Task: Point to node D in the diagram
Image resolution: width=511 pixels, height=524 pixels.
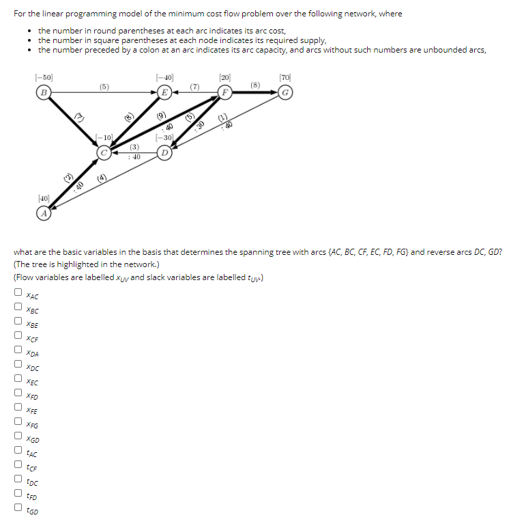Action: [164, 152]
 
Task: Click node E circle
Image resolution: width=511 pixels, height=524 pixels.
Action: [164, 92]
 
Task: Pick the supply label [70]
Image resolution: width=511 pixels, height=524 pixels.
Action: [285, 78]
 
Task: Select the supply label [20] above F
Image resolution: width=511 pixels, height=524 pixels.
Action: [225, 78]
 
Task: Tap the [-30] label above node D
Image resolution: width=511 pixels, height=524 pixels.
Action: [164, 138]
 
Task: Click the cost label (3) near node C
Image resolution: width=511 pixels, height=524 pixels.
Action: [135, 147]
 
